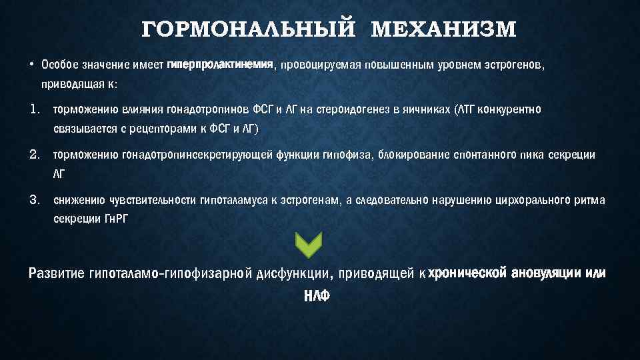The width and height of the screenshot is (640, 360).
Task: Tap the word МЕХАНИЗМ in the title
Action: (x=443, y=30)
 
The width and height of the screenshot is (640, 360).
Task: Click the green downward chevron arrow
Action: (x=307, y=245)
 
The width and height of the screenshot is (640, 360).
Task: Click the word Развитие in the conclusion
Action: (x=57, y=274)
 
